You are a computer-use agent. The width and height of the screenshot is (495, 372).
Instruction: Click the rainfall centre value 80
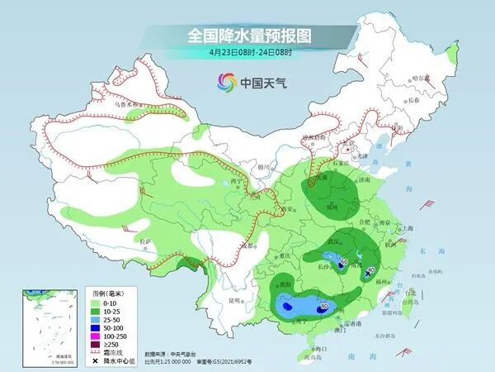pyautogui.click(x=323, y=306)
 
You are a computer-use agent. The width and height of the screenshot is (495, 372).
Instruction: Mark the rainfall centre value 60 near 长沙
pyautogui.click(x=343, y=262)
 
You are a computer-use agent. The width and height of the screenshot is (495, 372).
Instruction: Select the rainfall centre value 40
pyautogui.click(x=371, y=269)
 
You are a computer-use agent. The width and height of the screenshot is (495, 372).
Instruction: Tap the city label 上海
pyautogui.click(x=407, y=228)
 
